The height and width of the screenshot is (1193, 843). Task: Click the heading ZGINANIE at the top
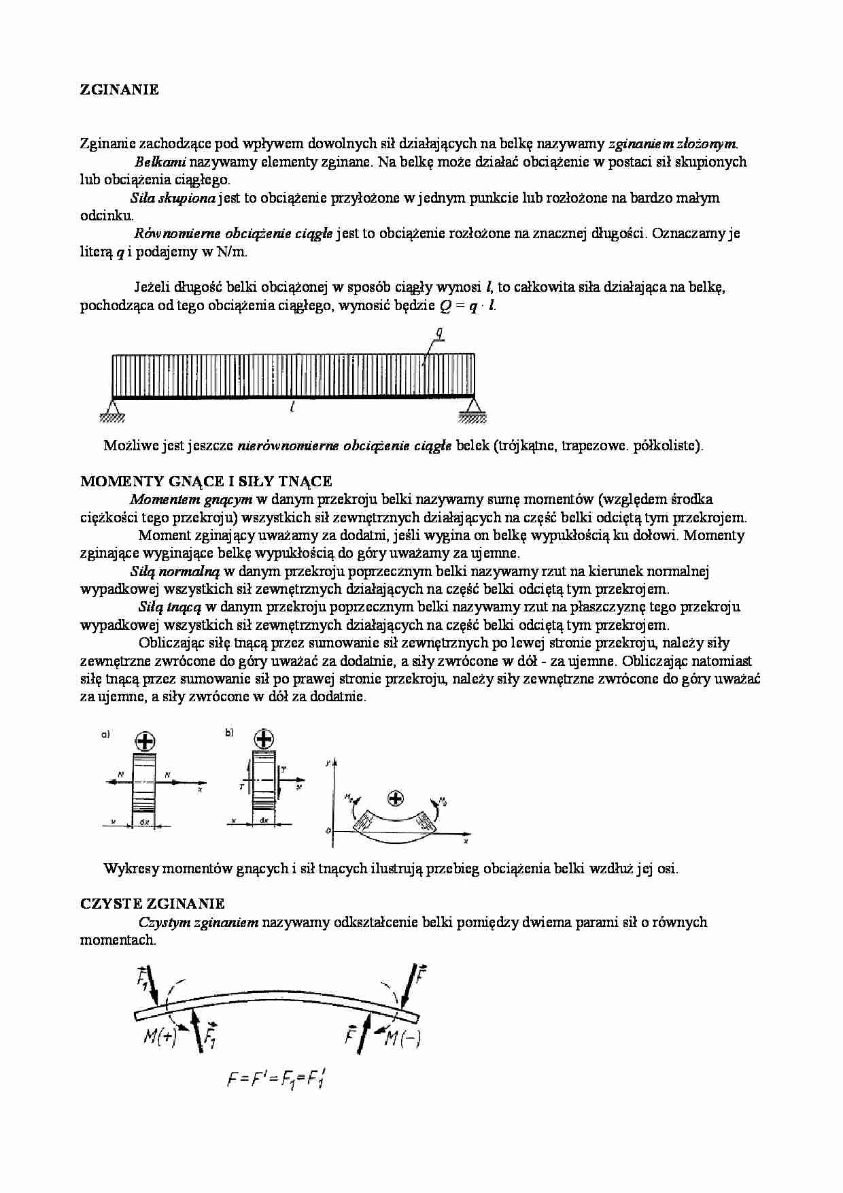coord(120,90)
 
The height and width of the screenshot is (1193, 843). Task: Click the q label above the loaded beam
coord(440,333)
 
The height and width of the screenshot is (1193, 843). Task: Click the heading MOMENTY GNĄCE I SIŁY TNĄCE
coord(206,482)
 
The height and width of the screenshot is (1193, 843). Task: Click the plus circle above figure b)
coord(264,739)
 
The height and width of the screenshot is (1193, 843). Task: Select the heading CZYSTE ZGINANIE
coord(152,904)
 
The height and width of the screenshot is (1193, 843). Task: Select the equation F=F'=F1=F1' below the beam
coord(275,1079)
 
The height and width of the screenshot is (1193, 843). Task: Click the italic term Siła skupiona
coord(173,198)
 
